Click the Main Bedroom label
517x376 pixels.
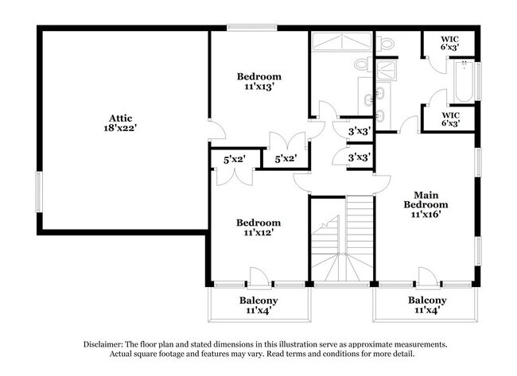pos(426,200)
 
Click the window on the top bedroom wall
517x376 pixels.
pos(246,29)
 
